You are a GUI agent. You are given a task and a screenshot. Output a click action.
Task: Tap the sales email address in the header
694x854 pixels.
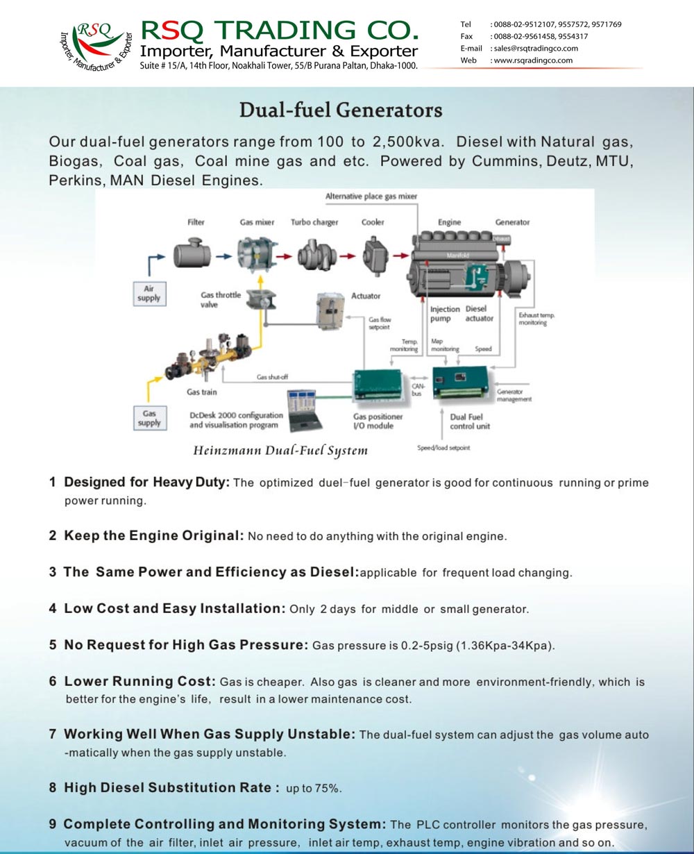tap(534, 49)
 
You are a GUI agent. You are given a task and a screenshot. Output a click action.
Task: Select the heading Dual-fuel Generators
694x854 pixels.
tap(341, 110)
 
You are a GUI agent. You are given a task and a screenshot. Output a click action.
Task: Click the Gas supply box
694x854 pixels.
tap(149, 418)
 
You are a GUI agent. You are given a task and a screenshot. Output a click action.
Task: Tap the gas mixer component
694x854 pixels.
tap(257, 255)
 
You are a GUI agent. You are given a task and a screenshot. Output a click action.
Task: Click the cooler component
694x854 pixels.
tap(375, 254)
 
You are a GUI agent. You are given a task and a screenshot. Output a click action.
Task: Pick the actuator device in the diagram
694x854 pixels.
tap(331, 310)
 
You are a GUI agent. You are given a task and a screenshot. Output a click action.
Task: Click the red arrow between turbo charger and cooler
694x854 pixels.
tap(348, 256)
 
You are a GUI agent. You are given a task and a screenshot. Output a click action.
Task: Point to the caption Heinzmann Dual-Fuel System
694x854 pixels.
tap(280, 451)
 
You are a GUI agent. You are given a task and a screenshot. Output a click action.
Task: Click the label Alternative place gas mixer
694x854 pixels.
tap(371, 196)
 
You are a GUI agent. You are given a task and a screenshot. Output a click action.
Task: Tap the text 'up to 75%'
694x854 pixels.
tap(314, 789)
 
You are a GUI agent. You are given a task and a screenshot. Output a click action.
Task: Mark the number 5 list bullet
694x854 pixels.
tap(53, 644)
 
